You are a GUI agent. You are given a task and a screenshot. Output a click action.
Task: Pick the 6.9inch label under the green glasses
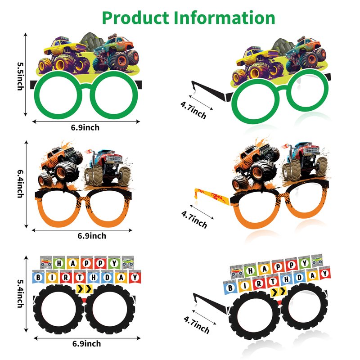click(x=85, y=127)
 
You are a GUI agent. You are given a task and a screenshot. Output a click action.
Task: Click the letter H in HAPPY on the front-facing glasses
click(x=59, y=262)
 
